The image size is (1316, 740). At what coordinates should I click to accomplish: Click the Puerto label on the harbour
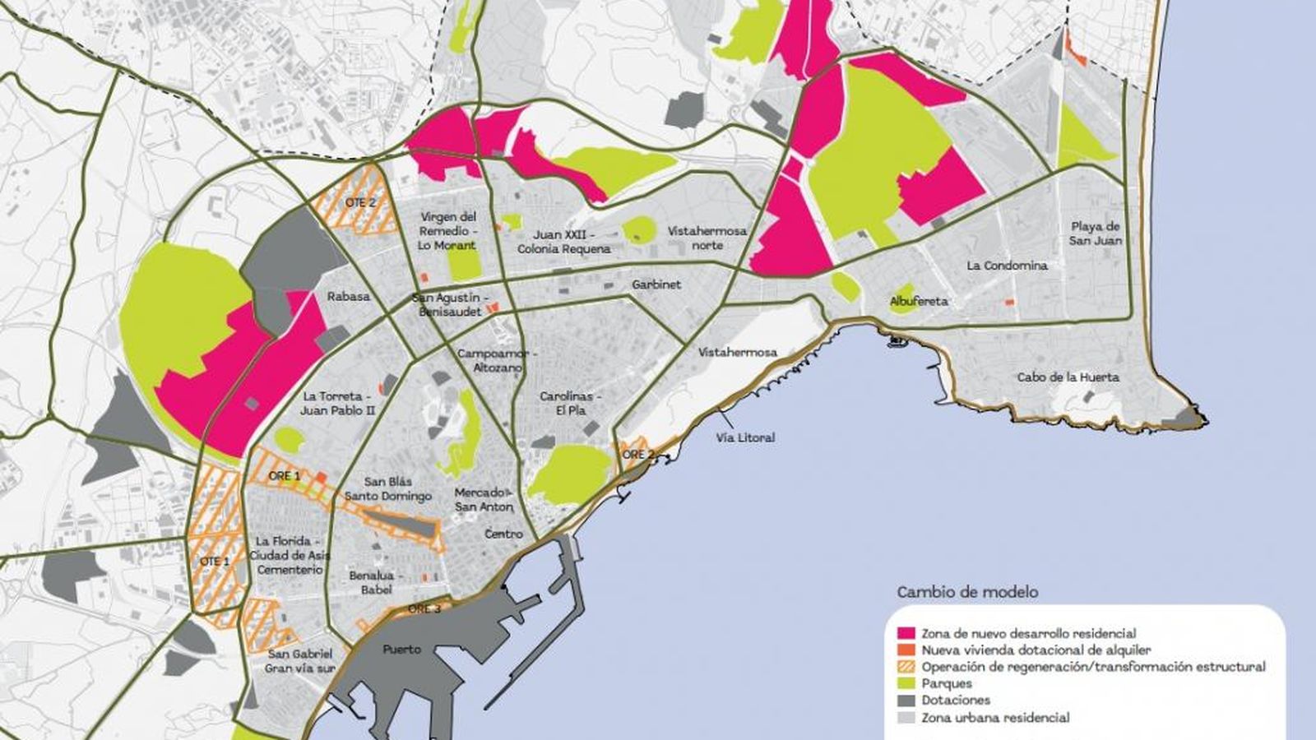click(x=401, y=650)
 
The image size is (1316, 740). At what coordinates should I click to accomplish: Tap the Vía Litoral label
click(x=744, y=437)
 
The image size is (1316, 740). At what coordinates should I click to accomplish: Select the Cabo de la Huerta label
click(x=1068, y=377)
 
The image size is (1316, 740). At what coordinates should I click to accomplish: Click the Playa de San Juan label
click(x=1096, y=234)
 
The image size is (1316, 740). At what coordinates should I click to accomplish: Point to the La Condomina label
click(x=1007, y=266)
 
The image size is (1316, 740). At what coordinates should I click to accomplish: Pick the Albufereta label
click(x=919, y=302)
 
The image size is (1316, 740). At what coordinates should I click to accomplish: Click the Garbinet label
click(x=656, y=284)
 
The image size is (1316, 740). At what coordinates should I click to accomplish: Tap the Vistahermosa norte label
click(x=707, y=238)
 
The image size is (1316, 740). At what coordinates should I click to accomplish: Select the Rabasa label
click(x=348, y=296)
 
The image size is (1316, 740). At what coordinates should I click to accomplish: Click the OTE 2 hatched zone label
click(x=360, y=202)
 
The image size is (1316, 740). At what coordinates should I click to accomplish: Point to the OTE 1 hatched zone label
click(x=214, y=561)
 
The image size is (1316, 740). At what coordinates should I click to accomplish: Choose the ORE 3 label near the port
click(x=424, y=609)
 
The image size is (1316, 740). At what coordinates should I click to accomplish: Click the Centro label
click(x=503, y=534)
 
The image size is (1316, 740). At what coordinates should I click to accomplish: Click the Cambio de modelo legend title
click(x=967, y=592)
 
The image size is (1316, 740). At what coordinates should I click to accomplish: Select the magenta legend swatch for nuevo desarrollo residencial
click(x=906, y=634)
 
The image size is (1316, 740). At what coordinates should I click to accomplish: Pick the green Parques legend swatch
click(x=906, y=684)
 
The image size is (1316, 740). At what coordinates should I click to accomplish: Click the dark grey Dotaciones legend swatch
click(x=906, y=701)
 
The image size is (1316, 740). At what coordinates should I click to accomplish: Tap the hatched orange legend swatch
click(x=906, y=668)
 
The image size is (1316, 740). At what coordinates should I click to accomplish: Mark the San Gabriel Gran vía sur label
click(x=300, y=661)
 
